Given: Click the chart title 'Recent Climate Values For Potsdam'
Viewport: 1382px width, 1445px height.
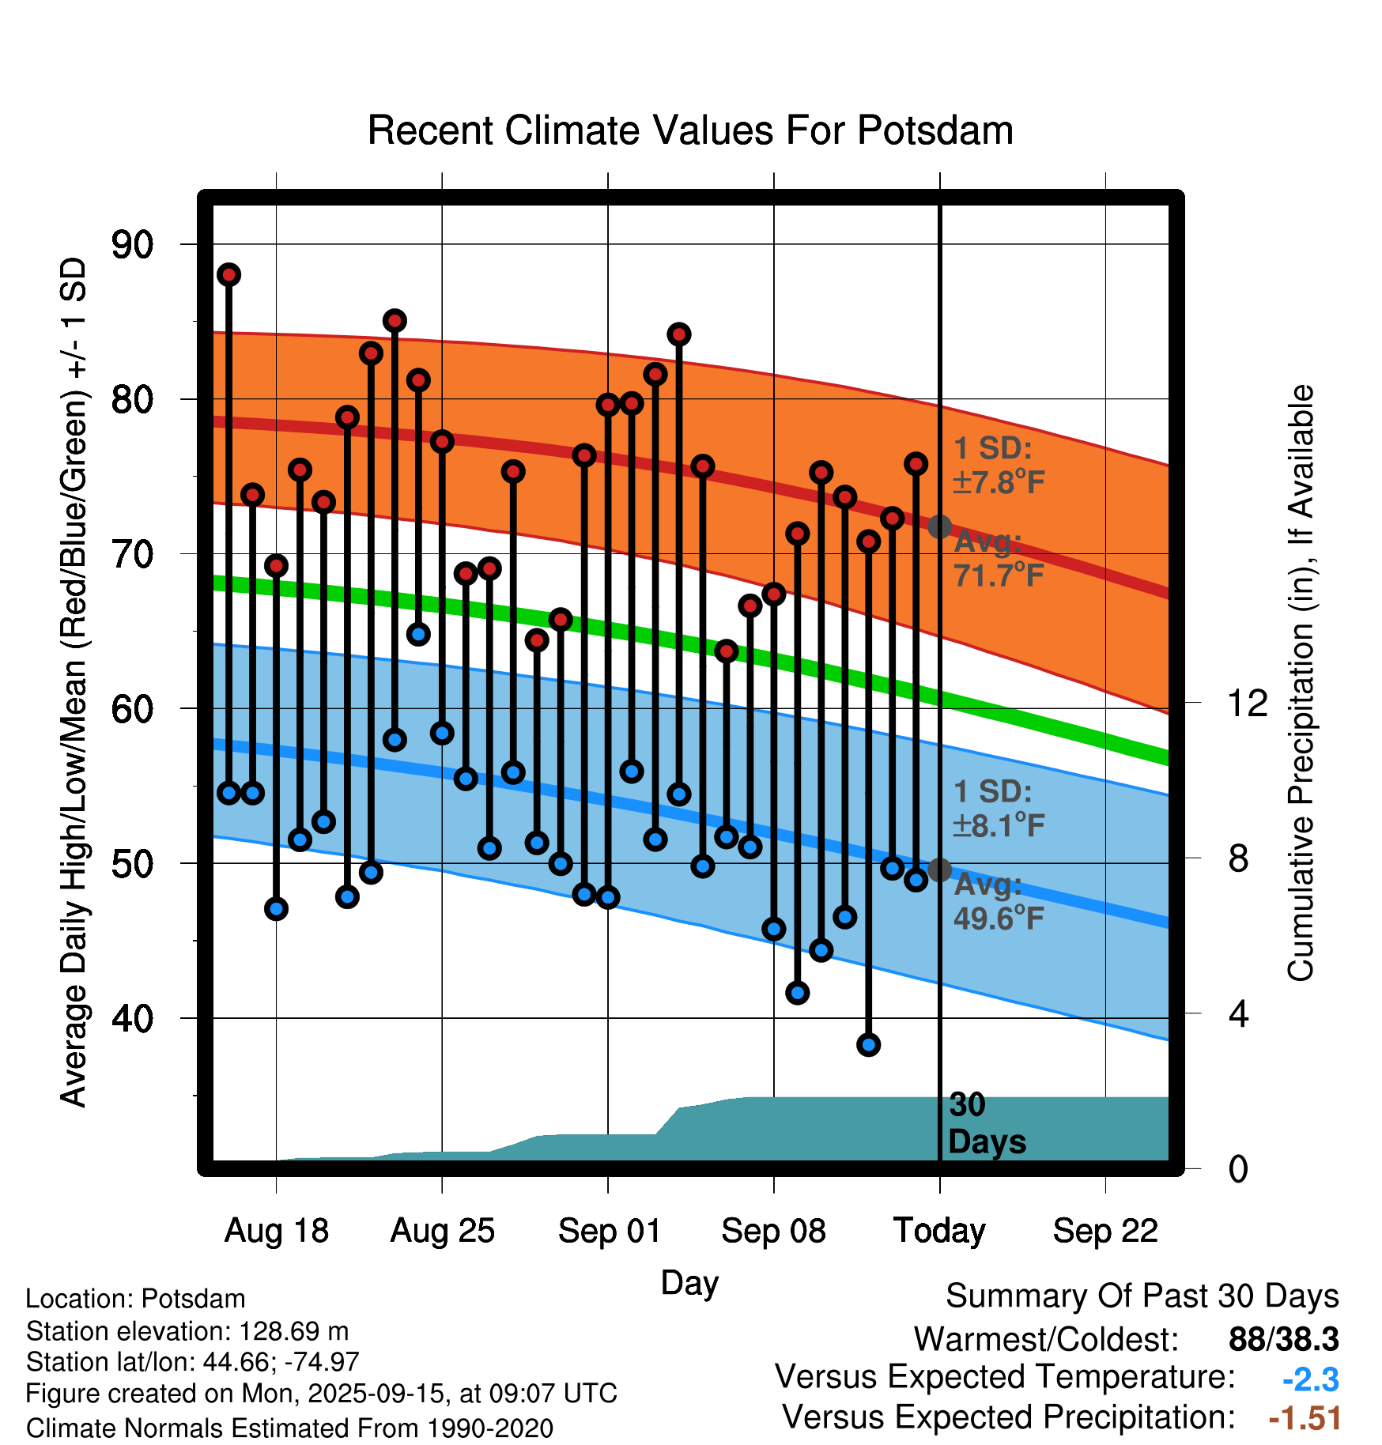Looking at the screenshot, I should coord(690,130).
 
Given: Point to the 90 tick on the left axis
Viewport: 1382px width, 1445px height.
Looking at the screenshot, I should coord(132,245).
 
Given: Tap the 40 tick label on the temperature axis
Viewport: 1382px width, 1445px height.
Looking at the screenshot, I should coord(132,1018).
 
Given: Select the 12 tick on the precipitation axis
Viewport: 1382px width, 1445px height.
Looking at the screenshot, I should coord(1247,703).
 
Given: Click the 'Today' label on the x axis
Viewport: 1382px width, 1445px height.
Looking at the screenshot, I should coord(939,1231).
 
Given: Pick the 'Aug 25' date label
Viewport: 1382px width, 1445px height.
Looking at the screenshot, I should coord(442,1231).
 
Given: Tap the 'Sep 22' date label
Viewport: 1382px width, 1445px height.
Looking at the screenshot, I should coord(1105,1231).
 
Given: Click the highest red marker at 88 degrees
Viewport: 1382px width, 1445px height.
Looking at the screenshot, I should coord(229,274).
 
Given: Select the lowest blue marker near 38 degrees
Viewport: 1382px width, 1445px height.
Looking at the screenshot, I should coord(868,1045).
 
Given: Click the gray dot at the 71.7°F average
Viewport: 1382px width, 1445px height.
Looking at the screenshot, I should coord(939,526).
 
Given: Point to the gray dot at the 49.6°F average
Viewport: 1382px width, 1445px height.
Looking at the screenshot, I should coord(939,870).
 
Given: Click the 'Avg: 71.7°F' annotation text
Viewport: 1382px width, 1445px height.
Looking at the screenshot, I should coord(998,559).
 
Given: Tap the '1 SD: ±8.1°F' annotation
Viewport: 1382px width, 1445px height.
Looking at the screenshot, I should coord(998,809).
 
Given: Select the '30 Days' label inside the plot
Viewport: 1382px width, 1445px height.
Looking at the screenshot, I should coord(986,1123).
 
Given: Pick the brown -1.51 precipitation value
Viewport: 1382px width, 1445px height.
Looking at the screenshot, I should coord(1305,1418).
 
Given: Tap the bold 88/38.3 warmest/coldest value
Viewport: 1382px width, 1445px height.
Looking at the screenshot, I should coord(1283,1340).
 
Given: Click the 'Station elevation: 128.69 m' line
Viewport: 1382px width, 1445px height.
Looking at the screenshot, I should coord(187,1331).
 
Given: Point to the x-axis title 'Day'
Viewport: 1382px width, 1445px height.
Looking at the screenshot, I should coord(689,1282).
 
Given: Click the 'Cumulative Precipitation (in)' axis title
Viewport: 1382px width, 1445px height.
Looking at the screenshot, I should coord(1301,683).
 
